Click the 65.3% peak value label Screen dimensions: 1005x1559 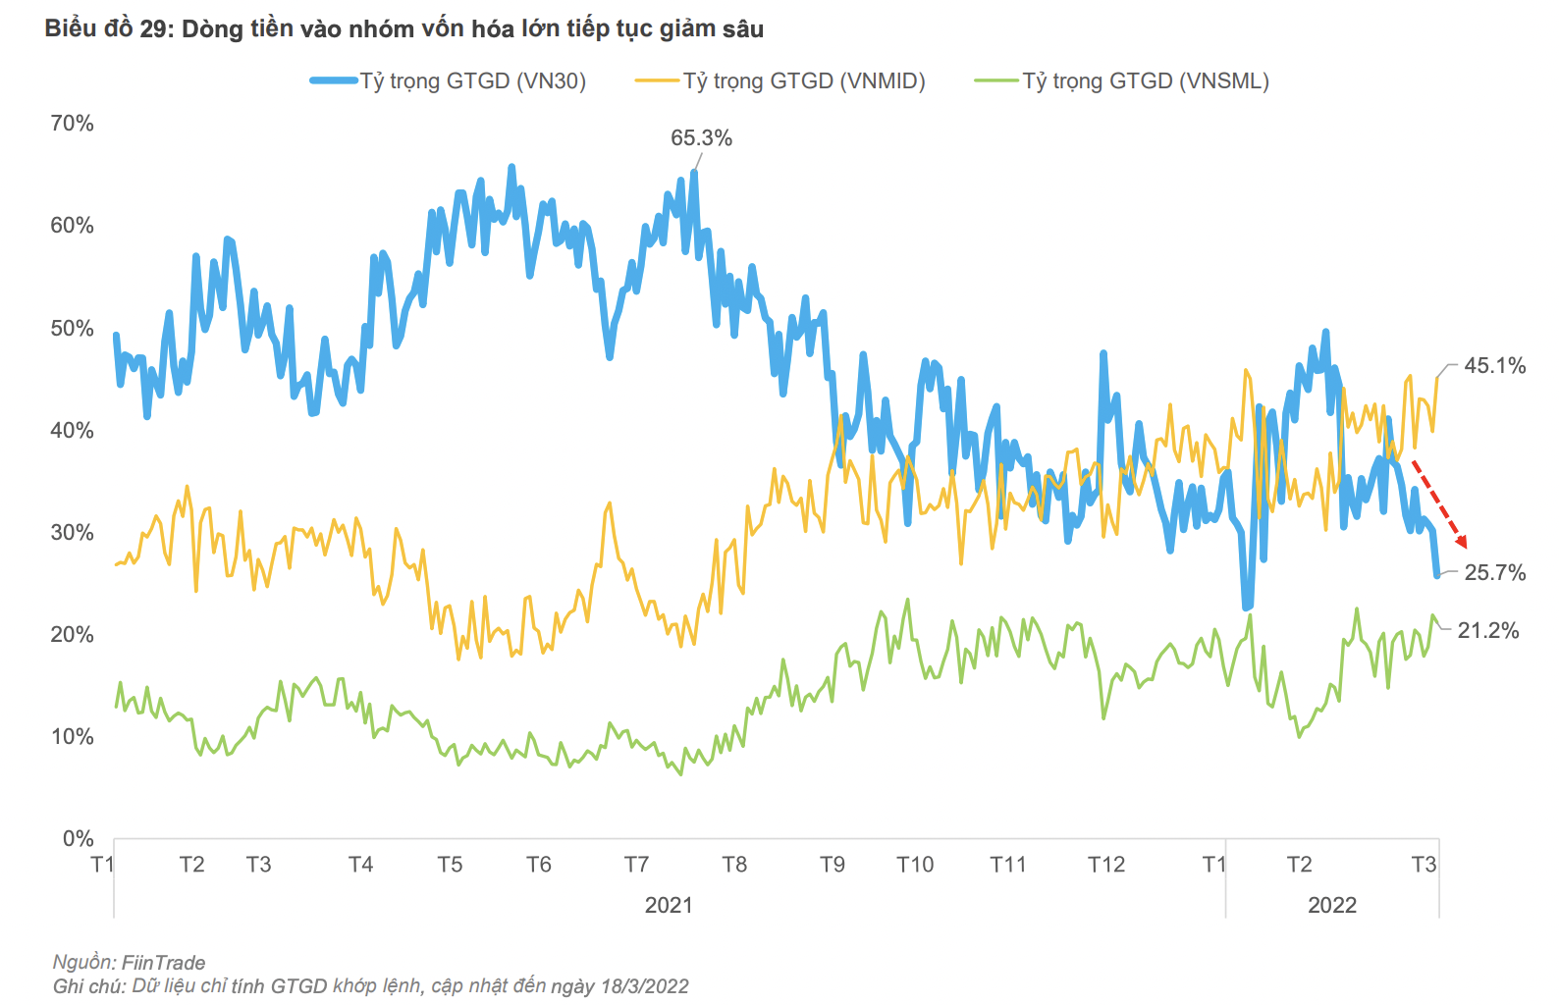(x=701, y=138)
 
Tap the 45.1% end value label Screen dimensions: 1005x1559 (x=1494, y=366)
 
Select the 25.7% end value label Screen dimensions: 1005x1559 (x=1494, y=573)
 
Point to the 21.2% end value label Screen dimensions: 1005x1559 (x=1487, y=631)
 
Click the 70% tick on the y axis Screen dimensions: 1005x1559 (x=72, y=124)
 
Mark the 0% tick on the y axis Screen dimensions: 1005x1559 (x=78, y=839)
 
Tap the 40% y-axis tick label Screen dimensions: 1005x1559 (x=72, y=431)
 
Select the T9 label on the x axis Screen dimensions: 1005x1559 (x=832, y=865)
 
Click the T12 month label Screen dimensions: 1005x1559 (x=1105, y=865)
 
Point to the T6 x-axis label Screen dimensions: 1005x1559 (x=538, y=865)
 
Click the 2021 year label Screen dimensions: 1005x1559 (x=669, y=905)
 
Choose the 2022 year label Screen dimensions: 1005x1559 (x=1331, y=905)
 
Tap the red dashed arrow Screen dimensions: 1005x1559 (x=1439, y=503)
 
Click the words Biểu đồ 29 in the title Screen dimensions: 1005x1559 (x=108, y=29)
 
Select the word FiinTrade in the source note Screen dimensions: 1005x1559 (x=163, y=963)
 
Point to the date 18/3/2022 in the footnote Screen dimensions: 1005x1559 (x=643, y=986)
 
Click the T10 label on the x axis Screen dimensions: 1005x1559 (x=915, y=865)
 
